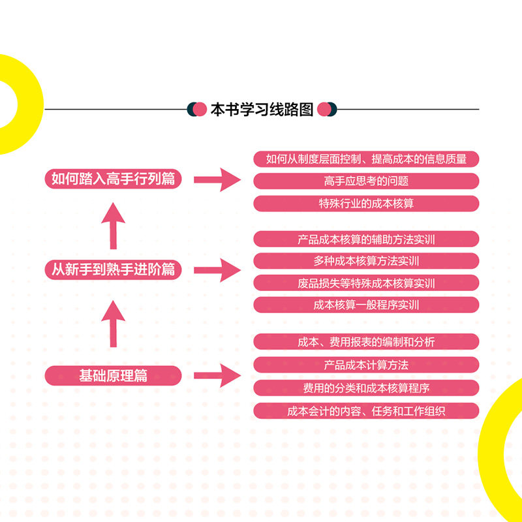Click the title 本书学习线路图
[262, 109]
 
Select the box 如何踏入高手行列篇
[114, 179]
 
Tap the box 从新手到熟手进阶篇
[114, 269]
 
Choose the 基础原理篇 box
[114, 375]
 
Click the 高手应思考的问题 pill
[366, 181]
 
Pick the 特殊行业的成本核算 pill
[366, 203]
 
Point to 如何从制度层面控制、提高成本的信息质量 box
[366, 159]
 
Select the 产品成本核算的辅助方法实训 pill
[366, 239]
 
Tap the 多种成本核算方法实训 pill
[366, 261]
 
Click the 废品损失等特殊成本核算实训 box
[366, 283]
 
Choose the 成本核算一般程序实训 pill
[366, 305]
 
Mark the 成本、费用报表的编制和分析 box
[366, 341]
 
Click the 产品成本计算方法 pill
[366, 364]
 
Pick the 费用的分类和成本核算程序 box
[366, 388]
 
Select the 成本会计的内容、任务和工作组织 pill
[366, 411]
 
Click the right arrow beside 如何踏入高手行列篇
[218, 179]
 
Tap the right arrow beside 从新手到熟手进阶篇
[218, 269]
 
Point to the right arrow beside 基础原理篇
[218, 375]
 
